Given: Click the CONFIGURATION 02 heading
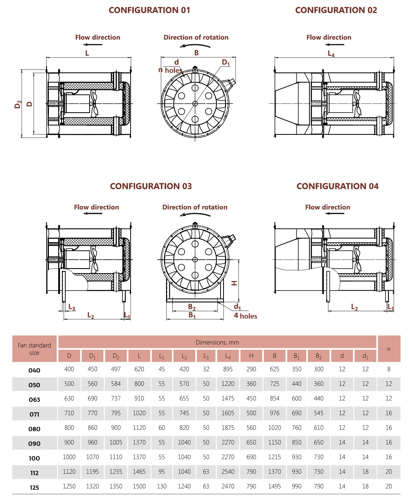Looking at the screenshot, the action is point(336,10).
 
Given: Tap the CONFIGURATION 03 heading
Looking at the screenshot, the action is point(150,186).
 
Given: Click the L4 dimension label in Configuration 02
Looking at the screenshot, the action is point(331,54).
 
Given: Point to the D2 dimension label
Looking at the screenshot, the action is point(18,104).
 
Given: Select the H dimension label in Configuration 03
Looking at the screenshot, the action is point(234,283).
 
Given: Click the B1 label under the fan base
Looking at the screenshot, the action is point(192,315).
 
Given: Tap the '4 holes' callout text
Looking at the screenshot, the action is point(246,316).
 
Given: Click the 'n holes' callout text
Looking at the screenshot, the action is point(170,70).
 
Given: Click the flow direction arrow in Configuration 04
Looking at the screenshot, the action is point(334,213).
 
